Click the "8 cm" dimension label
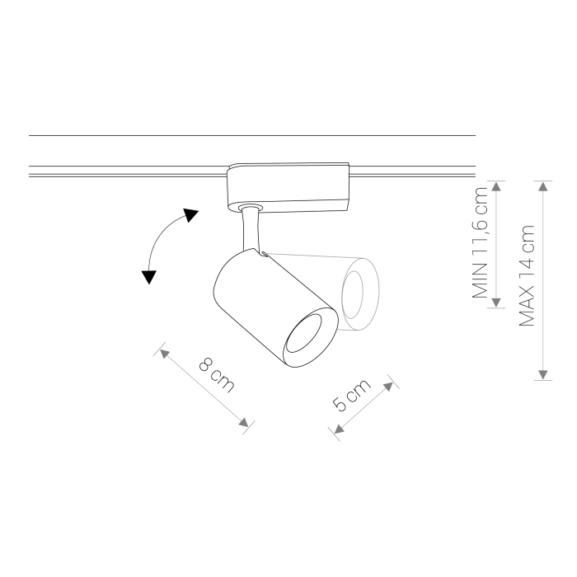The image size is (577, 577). coord(216,374)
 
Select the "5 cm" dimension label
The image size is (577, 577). coord(351,395)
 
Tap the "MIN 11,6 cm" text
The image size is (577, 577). coord(480,242)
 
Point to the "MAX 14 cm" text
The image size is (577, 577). coord(526,275)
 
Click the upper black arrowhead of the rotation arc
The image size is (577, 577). coord(191,215)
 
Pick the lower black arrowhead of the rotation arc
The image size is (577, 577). coord(149,277)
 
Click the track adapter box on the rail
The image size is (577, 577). coord(288,187)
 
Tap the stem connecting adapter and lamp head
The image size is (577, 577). coord(251,229)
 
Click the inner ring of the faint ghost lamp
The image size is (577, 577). coord(352,295)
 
